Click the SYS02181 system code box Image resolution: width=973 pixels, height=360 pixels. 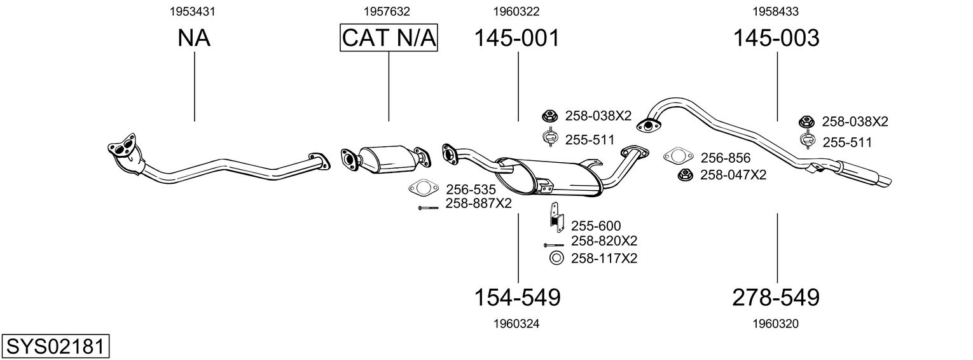[55, 347]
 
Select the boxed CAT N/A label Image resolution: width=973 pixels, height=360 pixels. [389, 38]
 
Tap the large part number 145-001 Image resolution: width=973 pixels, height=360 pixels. [517, 38]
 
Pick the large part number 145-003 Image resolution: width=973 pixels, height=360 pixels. [776, 38]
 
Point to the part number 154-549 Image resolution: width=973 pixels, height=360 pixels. [517, 298]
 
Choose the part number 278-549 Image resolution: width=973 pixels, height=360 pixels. [776, 298]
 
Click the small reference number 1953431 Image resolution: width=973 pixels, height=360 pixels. [193, 11]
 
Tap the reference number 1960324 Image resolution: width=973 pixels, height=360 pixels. [516, 324]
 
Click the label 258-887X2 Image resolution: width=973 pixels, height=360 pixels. [479, 204]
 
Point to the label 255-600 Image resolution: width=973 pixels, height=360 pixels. [596, 226]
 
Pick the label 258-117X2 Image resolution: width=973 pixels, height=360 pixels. [604, 258]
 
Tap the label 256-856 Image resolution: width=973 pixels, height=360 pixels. [726, 158]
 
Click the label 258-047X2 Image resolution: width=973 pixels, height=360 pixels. [733, 174]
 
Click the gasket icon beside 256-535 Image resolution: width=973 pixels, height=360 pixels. [424, 188]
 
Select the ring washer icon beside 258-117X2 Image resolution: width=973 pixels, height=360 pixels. [556, 258]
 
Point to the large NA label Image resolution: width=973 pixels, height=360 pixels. [194, 38]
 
